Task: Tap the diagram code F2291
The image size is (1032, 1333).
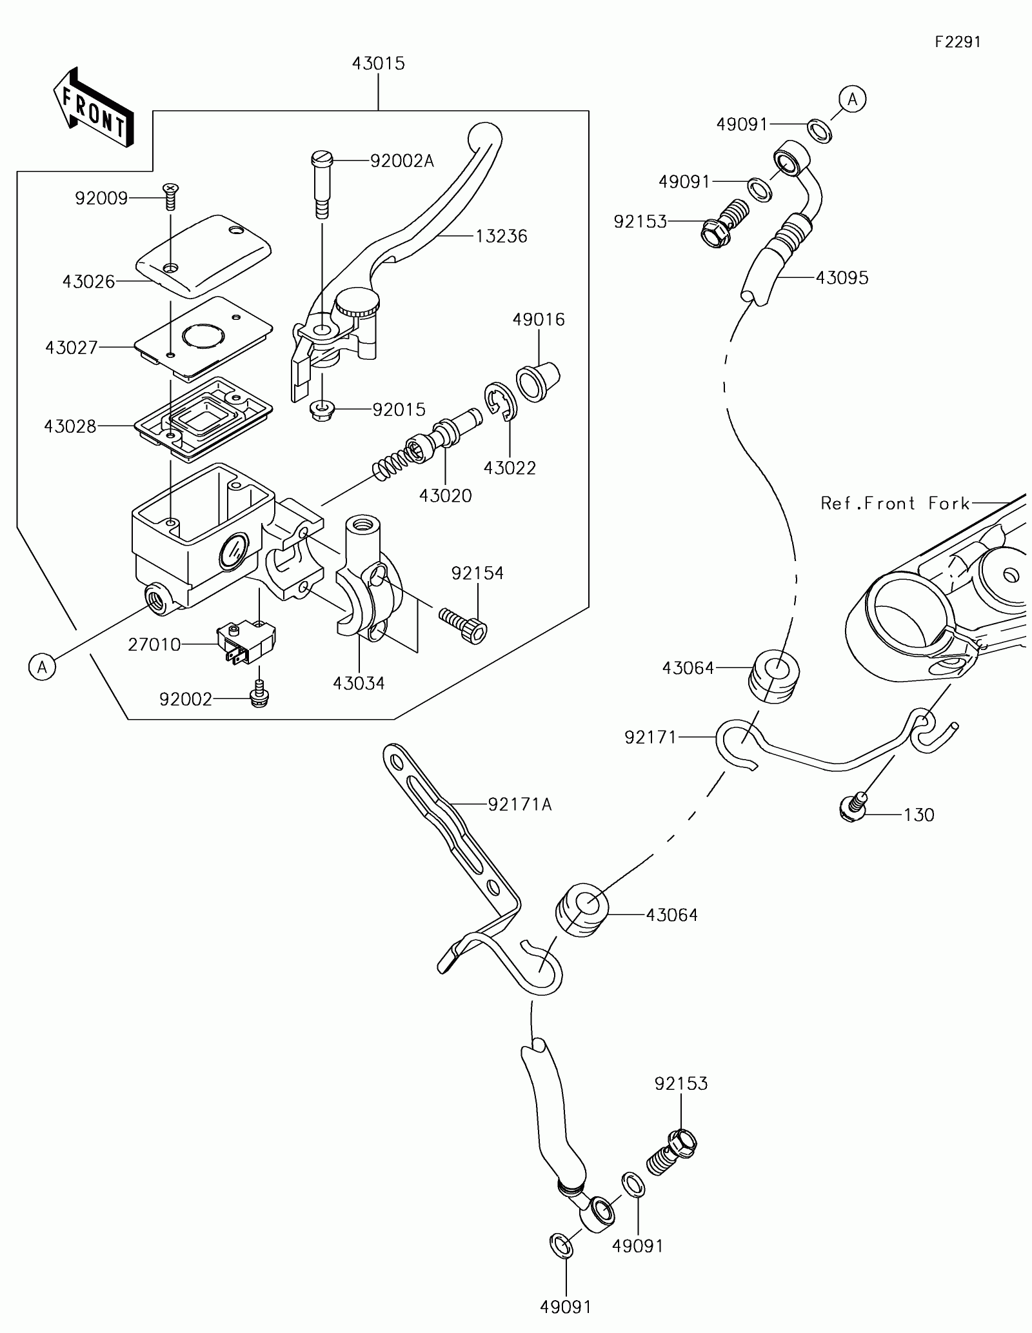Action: (958, 42)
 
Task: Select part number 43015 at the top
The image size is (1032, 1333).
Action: (378, 64)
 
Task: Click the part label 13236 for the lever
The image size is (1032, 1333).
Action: (501, 237)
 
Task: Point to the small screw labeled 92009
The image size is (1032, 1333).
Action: (171, 195)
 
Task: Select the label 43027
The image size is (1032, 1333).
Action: (72, 348)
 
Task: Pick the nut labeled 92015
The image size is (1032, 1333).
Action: (321, 411)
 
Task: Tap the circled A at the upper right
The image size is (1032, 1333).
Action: (852, 99)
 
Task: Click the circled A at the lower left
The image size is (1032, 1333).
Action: (43, 667)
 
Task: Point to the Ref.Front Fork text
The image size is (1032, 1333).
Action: (895, 504)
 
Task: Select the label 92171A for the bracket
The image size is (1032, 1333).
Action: (520, 804)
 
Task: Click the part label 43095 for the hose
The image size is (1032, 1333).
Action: (842, 278)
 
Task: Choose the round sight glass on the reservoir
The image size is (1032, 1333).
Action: (234, 552)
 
